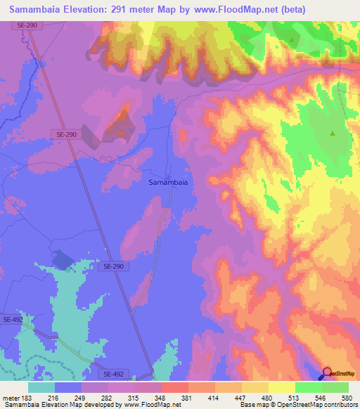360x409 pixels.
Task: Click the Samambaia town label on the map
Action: click(x=168, y=182)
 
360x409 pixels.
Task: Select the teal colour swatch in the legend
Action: click(x=41, y=387)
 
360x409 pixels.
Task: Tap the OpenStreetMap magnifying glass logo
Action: click(x=328, y=373)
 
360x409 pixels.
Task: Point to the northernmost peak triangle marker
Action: click(x=291, y=39)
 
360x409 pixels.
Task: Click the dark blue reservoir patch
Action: click(x=63, y=261)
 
